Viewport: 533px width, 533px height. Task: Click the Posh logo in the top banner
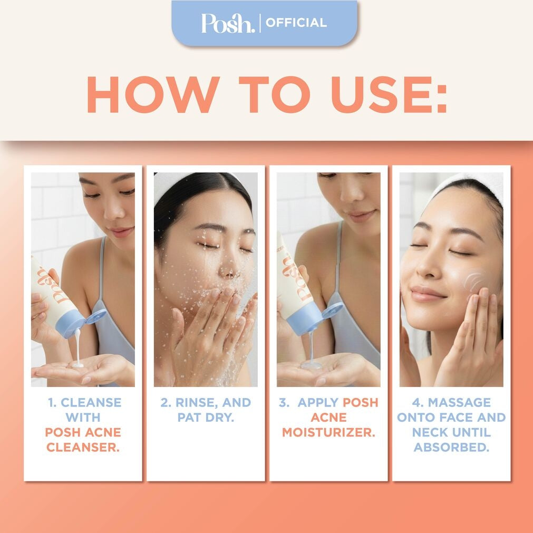click(228, 23)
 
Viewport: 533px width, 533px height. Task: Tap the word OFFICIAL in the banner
click(296, 23)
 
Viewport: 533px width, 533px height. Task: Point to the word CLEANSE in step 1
click(91, 403)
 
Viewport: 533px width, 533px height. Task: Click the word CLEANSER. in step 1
click(83, 447)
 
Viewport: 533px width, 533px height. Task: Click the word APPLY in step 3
click(318, 403)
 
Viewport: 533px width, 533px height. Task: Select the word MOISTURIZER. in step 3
click(328, 432)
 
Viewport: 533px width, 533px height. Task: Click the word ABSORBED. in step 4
click(451, 447)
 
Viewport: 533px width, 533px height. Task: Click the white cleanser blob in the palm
click(78, 363)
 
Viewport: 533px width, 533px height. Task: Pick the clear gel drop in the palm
click(311, 364)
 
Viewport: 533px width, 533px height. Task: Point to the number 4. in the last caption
click(418, 403)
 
